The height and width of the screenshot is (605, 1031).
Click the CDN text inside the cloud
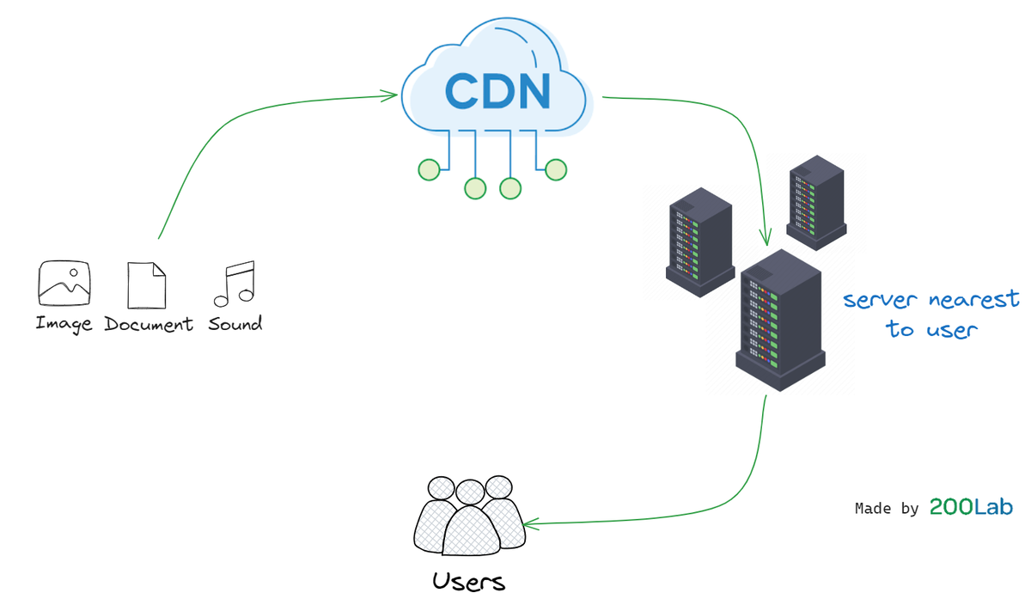click(497, 91)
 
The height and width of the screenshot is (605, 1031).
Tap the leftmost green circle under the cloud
click(429, 169)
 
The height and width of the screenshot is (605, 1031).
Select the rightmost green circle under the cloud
click(556, 169)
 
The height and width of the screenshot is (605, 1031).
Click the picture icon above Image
click(64, 284)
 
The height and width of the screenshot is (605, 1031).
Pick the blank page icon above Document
click(147, 285)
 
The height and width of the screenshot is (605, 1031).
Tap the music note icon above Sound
click(235, 284)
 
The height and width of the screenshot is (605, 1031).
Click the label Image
click(64, 325)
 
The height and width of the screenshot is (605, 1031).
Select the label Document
click(149, 325)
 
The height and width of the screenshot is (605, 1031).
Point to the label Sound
click(235, 325)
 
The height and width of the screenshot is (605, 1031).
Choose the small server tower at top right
click(815, 202)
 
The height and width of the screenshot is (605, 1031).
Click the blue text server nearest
click(930, 300)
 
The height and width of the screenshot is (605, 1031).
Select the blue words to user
click(932, 329)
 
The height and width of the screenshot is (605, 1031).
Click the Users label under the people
click(469, 582)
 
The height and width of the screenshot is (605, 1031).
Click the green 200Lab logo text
click(971, 508)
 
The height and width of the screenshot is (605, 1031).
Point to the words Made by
click(887, 509)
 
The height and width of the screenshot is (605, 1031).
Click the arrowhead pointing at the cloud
click(393, 96)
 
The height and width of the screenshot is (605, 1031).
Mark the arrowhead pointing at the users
click(529, 522)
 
